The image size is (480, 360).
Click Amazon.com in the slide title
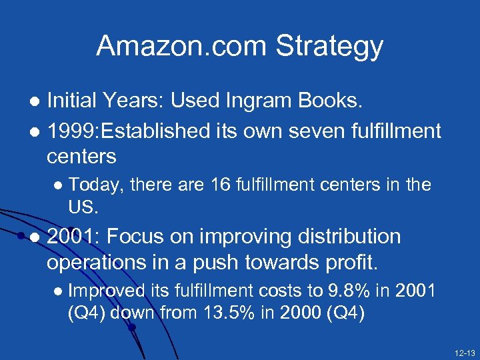click(180, 45)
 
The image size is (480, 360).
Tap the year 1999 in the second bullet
click(71, 131)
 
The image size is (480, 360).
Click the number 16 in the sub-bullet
click(219, 184)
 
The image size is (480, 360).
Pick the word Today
click(96, 185)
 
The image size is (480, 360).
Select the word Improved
click(107, 291)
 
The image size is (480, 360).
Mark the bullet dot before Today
click(59, 185)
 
